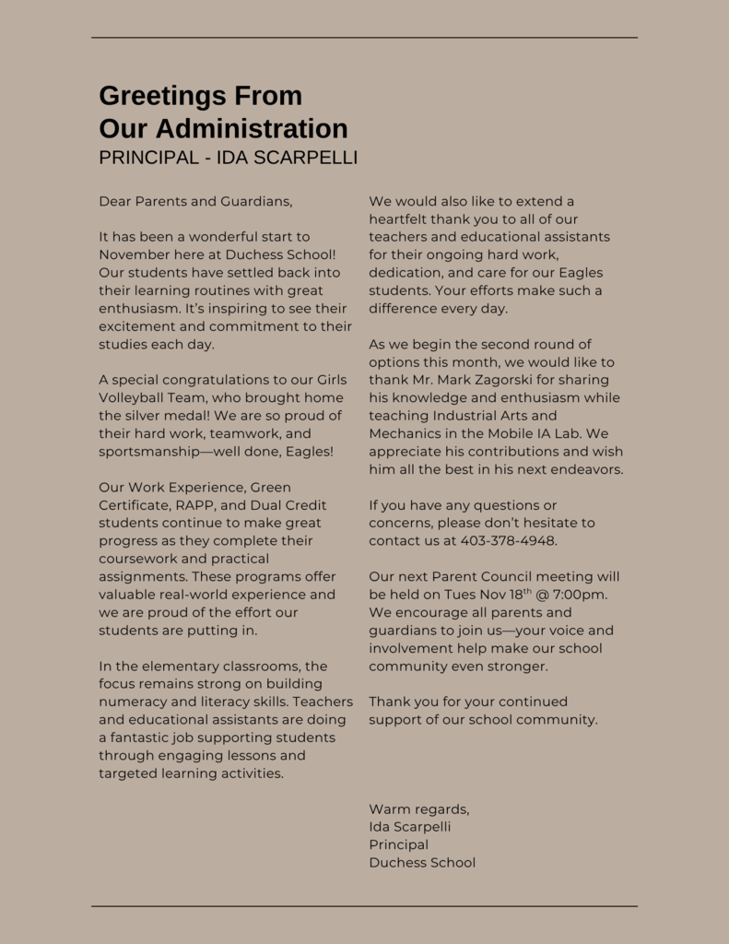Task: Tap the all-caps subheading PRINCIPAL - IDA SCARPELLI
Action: click(x=228, y=158)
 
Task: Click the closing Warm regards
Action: click(x=418, y=809)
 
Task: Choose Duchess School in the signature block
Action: click(x=422, y=863)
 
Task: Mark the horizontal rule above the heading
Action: click(x=364, y=38)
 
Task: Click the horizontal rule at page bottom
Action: click(x=364, y=906)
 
